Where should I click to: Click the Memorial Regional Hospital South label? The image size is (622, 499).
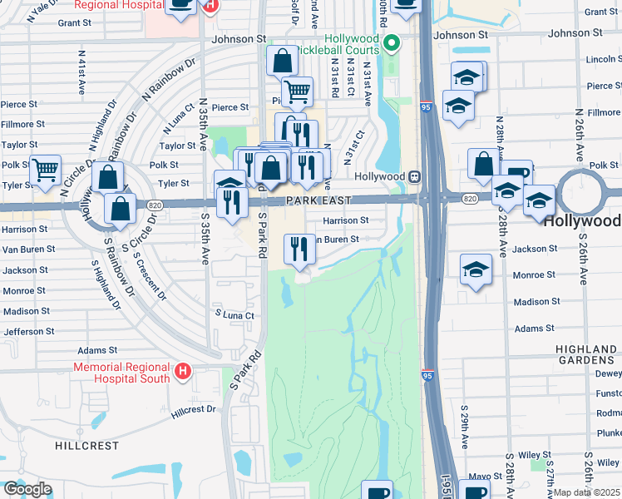(x=121, y=373)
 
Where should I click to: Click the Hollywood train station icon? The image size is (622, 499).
(x=412, y=176)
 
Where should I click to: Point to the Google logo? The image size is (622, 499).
(x=27, y=488)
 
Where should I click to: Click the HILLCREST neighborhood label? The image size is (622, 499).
(x=87, y=446)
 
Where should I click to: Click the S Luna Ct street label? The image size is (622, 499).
(x=234, y=315)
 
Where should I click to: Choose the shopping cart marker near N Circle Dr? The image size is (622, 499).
(x=46, y=170)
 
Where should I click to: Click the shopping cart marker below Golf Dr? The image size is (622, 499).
(x=297, y=91)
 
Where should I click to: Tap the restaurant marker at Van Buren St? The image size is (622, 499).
(x=299, y=249)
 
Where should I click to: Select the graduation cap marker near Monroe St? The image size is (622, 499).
(x=476, y=269)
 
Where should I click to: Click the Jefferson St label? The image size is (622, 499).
(x=28, y=331)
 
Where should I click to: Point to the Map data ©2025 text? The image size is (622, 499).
(x=586, y=492)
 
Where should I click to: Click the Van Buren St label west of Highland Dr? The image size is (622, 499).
(x=28, y=249)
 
